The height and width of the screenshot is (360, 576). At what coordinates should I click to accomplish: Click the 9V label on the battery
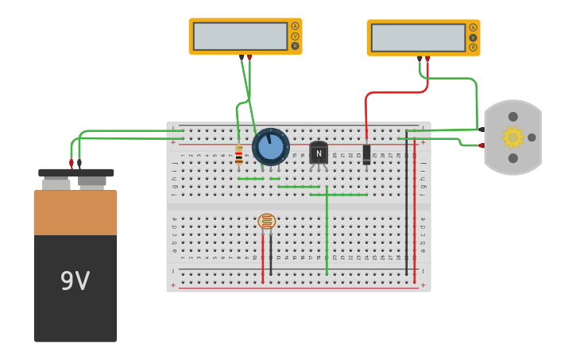75,281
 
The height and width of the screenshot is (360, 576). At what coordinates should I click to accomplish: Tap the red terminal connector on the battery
72,163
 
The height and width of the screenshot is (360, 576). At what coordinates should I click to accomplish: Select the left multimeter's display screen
240,36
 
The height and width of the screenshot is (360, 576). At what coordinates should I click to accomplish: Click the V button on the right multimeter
473,37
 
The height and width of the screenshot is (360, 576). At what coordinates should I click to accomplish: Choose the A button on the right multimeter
473,27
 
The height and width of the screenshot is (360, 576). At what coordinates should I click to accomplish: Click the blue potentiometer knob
271,147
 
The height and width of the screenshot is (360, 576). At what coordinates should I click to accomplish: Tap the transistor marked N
319,153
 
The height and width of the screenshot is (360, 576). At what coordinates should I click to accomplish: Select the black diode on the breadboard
366,153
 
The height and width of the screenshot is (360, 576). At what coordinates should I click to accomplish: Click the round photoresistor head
267,222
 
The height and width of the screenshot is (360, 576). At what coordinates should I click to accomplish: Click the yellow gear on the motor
512,137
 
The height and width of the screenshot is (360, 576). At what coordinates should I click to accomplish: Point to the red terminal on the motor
481,145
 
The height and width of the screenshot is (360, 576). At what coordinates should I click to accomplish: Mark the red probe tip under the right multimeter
427,59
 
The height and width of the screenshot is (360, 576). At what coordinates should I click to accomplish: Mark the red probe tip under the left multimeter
249,57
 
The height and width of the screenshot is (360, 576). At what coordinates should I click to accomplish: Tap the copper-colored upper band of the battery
75,212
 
